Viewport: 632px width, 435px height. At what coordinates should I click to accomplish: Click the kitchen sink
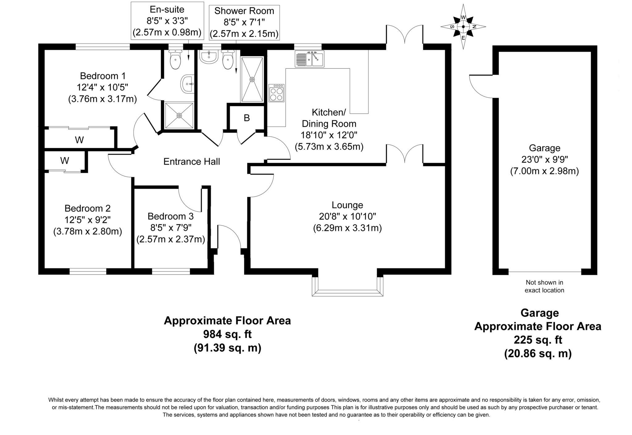[309, 58]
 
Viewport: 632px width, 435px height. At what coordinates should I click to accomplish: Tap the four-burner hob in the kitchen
[276, 93]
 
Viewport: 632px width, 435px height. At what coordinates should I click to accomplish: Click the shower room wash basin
[209, 57]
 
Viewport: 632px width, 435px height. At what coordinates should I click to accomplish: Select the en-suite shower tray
[179, 115]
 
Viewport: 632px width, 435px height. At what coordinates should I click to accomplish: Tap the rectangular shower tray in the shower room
[252, 79]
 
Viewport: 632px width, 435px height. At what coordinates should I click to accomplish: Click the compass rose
[463, 27]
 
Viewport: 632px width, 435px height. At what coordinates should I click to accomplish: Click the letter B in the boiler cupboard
[247, 118]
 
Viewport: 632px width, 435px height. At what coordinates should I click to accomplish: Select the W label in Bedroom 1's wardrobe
[79, 140]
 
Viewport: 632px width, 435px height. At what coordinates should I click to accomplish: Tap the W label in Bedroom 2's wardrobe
[64, 161]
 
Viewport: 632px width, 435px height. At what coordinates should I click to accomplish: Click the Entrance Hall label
[192, 162]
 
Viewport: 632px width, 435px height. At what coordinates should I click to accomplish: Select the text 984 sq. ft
[227, 334]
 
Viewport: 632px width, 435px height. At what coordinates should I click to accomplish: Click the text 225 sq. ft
[538, 340]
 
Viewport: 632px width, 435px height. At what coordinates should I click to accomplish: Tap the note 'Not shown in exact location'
[544, 286]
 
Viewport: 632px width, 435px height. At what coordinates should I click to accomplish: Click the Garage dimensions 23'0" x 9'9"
[544, 159]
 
